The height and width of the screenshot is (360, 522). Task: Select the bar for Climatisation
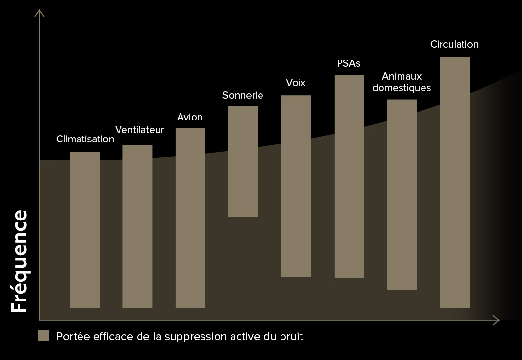pos(84,229)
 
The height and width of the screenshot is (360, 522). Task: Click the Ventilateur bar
pos(137,226)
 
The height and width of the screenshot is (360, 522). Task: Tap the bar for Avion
pos(190,218)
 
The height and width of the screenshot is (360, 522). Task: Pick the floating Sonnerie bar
pos(243,161)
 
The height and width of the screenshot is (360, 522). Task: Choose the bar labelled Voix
pos(296,186)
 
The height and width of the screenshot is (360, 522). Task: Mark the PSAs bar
pos(349,176)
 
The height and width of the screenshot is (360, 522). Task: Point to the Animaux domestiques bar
pos(402,195)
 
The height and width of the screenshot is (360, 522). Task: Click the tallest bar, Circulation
pos(455,182)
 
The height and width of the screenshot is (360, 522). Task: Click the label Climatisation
pos(85,139)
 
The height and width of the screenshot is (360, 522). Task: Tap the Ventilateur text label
pos(140,130)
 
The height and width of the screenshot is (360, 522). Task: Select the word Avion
pos(189,118)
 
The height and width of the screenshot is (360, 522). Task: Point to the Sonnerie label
pos(242,95)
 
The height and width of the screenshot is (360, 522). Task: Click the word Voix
pos(296,83)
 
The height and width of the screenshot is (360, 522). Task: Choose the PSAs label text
pos(348,64)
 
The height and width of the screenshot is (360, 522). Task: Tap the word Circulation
pos(454,44)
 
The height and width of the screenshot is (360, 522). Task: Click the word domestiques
pos(405,88)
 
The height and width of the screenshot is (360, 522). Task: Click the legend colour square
pos(44,336)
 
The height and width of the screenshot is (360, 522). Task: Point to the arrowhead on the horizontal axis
pos(497,320)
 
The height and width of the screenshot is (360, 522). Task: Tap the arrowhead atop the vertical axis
pos(39,12)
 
